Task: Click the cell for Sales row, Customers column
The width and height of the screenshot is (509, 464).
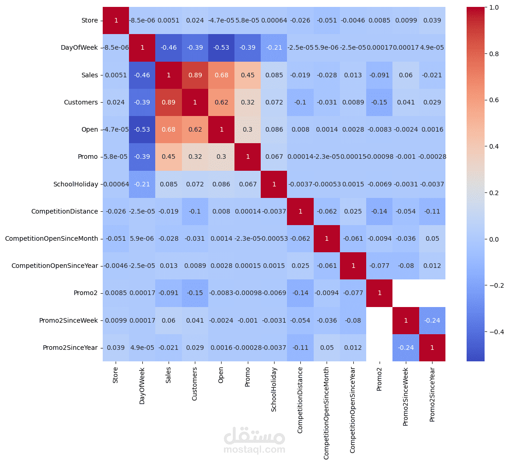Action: pyautogui.click(x=195, y=75)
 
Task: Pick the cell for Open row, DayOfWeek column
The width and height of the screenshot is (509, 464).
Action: pyautogui.click(x=142, y=129)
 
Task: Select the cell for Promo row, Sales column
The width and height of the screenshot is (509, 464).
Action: pyautogui.click(x=169, y=157)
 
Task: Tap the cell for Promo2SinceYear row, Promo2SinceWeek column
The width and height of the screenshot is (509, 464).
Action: pyautogui.click(x=406, y=348)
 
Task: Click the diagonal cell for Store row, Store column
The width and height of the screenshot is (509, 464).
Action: pyautogui.click(x=116, y=20)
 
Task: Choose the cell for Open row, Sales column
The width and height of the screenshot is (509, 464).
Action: pyautogui.click(x=169, y=129)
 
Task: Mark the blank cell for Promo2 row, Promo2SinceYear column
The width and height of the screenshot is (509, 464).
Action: pyautogui.click(x=432, y=293)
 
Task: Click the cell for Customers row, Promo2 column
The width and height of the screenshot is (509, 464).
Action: pyautogui.click(x=380, y=102)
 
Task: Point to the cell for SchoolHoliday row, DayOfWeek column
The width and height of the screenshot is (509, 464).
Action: pyautogui.click(x=142, y=184)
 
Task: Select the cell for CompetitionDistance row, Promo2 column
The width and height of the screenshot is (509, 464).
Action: pyautogui.click(x=380, y=211)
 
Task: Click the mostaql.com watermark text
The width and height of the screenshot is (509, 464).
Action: pyautogui.click(x=254, y=450)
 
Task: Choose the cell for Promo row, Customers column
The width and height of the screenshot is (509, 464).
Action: pyautogui.click(x=195, y=157)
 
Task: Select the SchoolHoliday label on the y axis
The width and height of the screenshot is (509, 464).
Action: pyautogui.click(x=76, y=184)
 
